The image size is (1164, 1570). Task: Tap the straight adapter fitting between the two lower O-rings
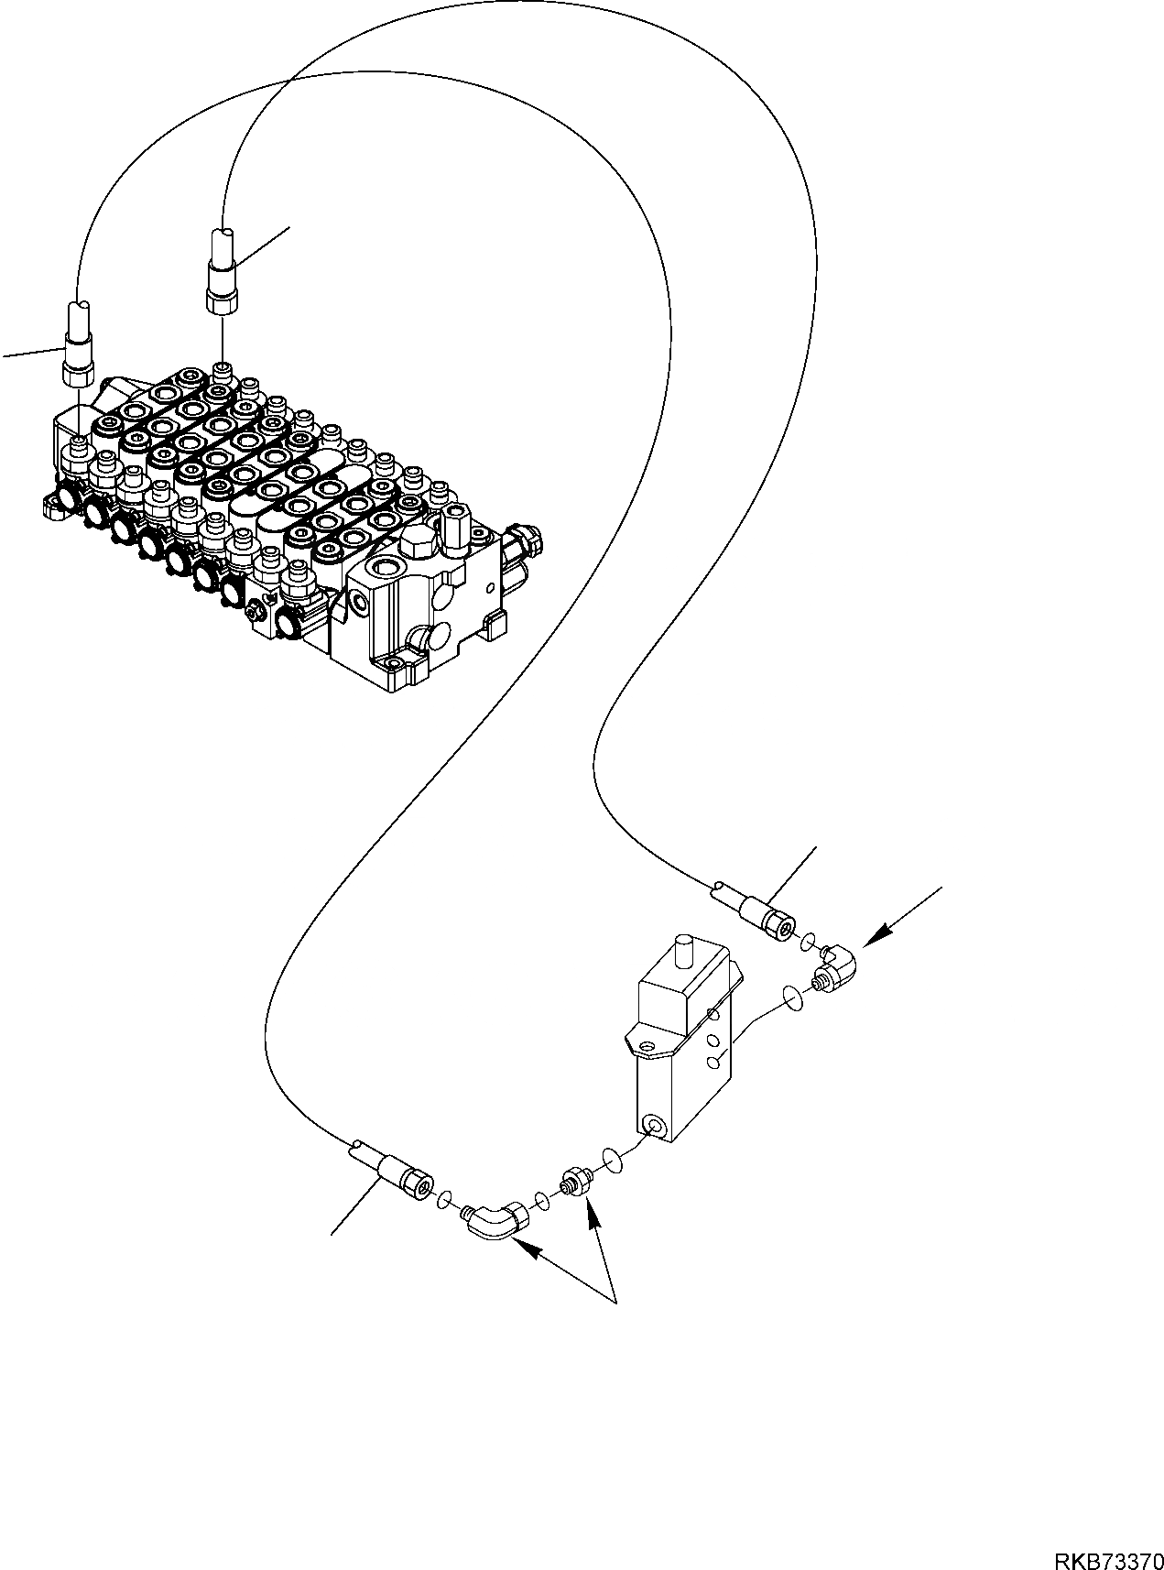(x=575, y=1182)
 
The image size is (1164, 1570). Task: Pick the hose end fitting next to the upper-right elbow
(x=764, y=914)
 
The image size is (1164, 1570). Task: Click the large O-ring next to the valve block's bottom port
(x=612, y=1161)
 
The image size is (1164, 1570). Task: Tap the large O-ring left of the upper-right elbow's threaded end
(x=795, y=997)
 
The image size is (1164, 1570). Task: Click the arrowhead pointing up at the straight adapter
(x=592, y=1216)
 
